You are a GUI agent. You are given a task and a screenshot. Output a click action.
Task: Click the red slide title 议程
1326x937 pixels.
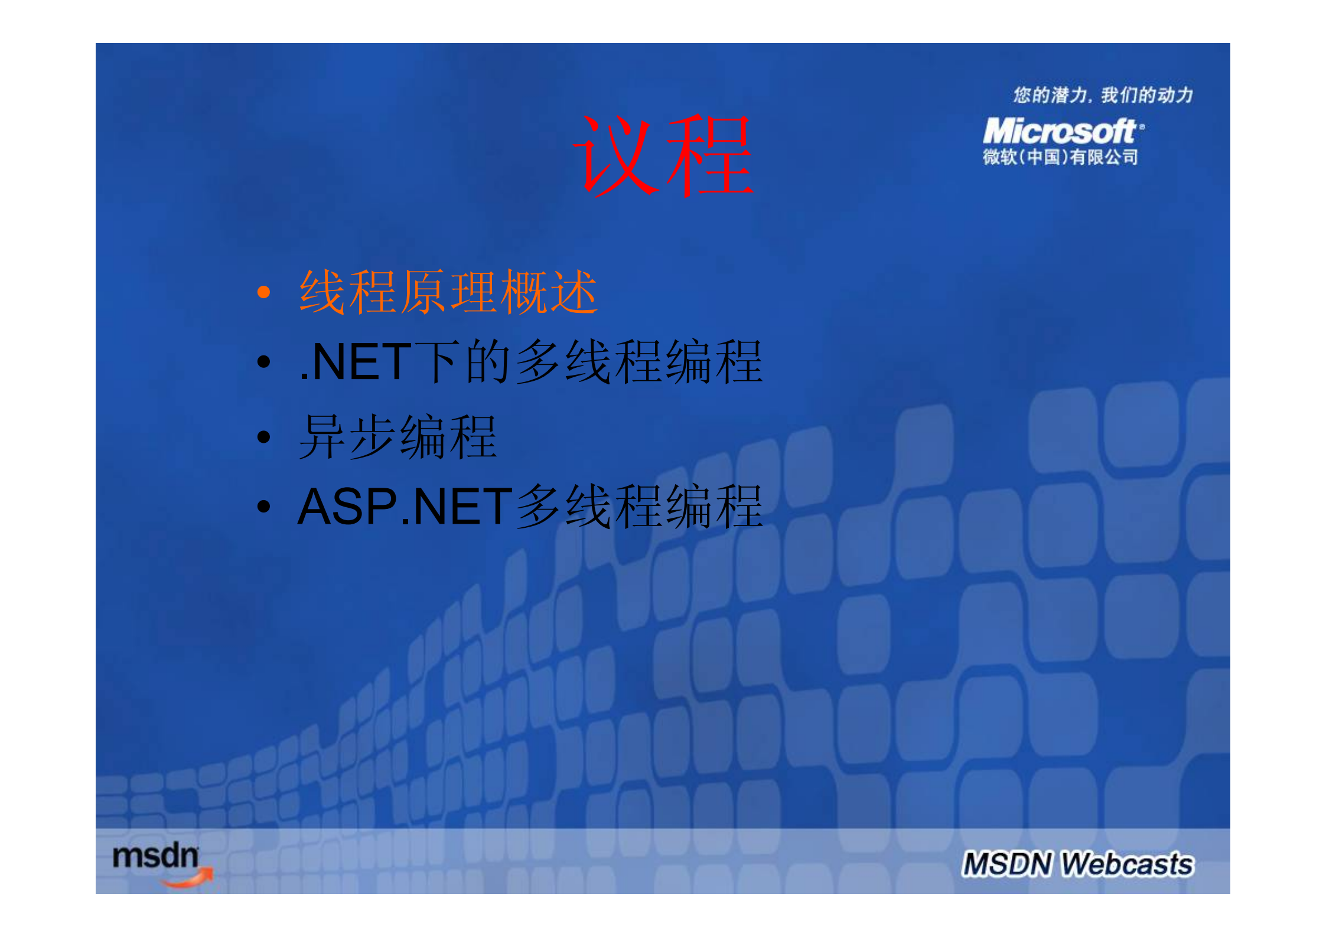663,155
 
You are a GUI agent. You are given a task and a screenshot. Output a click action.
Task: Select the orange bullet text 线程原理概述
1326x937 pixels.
448,292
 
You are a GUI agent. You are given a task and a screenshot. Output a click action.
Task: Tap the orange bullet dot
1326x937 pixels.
263,292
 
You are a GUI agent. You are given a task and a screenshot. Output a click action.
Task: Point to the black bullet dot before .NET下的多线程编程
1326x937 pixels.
263,361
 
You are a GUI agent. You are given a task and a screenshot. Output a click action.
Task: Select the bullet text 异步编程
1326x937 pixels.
397,437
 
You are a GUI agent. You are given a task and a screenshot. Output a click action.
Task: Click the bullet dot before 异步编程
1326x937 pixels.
263,437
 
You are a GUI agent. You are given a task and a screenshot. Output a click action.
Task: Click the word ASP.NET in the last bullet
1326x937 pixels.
405,507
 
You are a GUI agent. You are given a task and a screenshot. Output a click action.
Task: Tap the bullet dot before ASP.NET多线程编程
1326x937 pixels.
263,506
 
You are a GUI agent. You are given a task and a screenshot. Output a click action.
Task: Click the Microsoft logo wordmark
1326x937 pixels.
1058,131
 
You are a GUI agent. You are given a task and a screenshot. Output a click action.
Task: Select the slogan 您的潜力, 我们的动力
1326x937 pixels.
1102,95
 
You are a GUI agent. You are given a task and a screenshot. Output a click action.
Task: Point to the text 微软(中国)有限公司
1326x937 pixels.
1060,157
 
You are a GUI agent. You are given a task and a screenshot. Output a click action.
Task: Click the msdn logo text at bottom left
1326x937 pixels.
155,856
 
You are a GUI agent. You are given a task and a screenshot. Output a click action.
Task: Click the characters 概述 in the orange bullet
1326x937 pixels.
549,292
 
